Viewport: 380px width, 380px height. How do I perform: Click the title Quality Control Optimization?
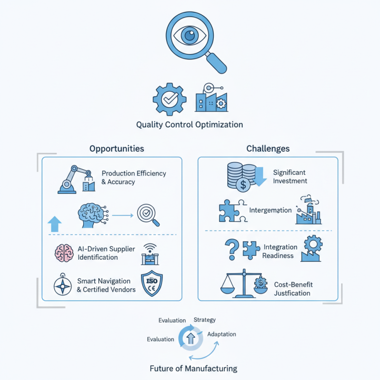tap(190, 125)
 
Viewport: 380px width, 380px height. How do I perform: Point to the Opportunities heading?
tap(116, 149)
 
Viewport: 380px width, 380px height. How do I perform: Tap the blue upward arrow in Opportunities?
tap(55, 223)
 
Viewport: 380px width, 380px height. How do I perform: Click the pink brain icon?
tap(63, 253)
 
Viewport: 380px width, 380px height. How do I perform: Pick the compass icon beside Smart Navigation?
tap(62, 285)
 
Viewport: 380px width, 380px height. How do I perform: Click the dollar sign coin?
tap(243, 184)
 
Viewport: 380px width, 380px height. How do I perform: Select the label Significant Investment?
tap(289, 176)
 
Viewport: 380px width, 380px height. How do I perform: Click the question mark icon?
tap(232, 248)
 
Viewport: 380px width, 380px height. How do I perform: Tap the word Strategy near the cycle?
tap(204, 320)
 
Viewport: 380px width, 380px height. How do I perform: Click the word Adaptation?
tap(221, 334)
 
